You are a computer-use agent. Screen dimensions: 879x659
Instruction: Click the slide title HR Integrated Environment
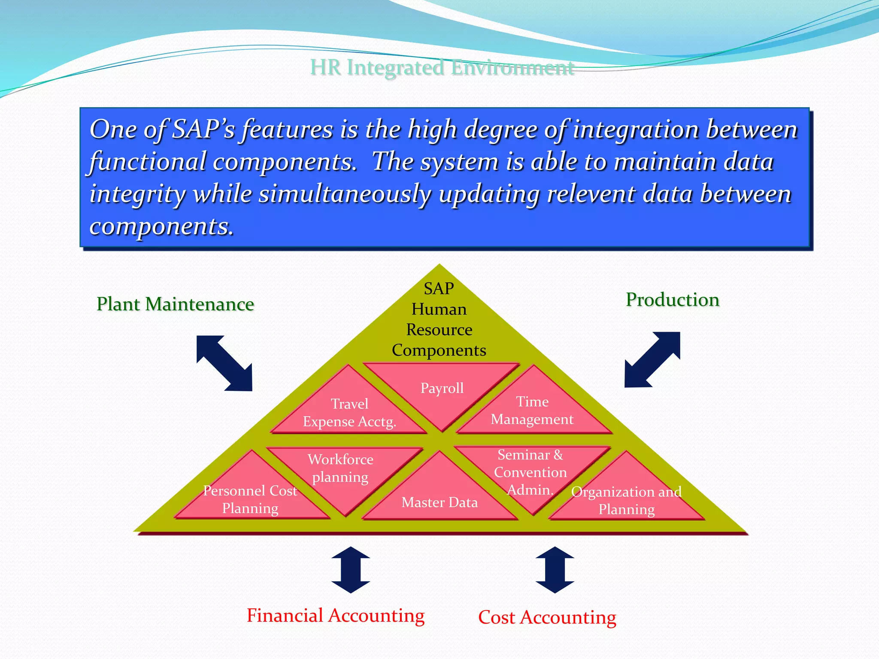click(442, 68)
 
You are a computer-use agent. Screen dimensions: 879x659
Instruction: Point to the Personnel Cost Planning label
click(250, 500)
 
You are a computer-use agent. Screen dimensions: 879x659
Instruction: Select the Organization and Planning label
click(627, 501)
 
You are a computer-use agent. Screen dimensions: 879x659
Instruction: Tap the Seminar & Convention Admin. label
click(530, 472)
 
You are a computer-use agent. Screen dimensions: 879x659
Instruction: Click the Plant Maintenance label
click(175, 304)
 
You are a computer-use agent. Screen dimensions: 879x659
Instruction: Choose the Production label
click(673, 300)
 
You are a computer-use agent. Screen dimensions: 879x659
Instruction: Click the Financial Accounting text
click(336, 616)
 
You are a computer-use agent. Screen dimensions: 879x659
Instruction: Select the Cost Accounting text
click(547, 617)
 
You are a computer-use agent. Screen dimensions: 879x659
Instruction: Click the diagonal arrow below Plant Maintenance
click(224, 363)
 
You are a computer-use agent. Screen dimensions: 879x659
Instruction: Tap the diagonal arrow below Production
click(652, 360)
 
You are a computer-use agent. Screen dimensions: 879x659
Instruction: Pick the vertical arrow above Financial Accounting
click(351, 570)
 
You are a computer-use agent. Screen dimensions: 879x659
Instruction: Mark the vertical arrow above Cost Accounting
click(555, 570)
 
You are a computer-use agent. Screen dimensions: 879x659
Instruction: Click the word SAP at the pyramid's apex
click(439, 289)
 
